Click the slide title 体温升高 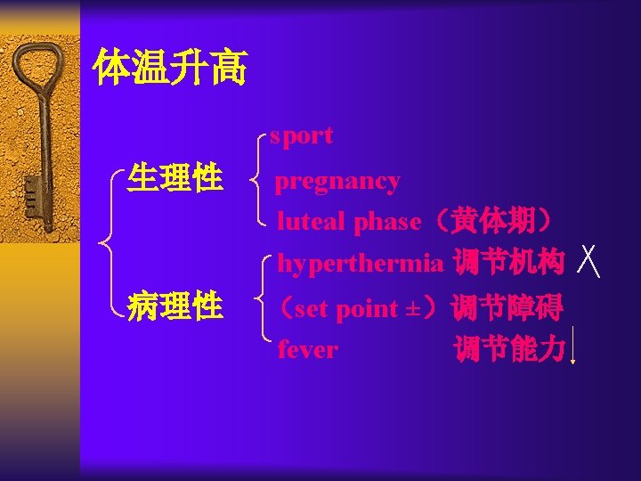[x=170, y=69]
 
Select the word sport [x=302, y=135]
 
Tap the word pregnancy [x=337, y=182]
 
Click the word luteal [x=312, y=222]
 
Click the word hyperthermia [x=360, y=264]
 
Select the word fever [x=307, y=349]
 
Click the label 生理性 [x=174, y=178]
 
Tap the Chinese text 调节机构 [x=508, y=264]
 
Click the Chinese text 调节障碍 [x=507, y=308]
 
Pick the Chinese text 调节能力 [x=509, y=349]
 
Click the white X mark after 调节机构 [x=588, y=262]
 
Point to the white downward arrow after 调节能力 [x=572, y=347]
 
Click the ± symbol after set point [x=412, y=309]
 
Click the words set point [x=346, y=309]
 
